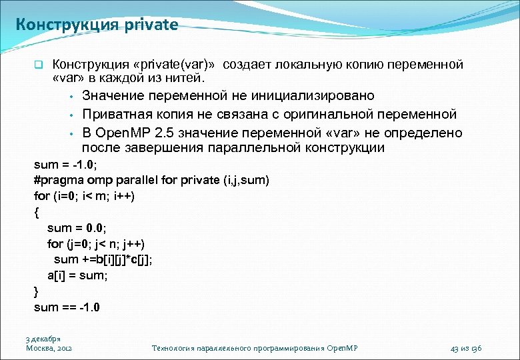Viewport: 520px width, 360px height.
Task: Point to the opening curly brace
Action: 36,212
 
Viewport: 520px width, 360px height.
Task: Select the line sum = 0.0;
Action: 77,228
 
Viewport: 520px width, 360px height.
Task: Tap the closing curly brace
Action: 36,291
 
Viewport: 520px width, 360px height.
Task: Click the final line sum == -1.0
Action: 67,307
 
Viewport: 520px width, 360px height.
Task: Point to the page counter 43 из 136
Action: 465,348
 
